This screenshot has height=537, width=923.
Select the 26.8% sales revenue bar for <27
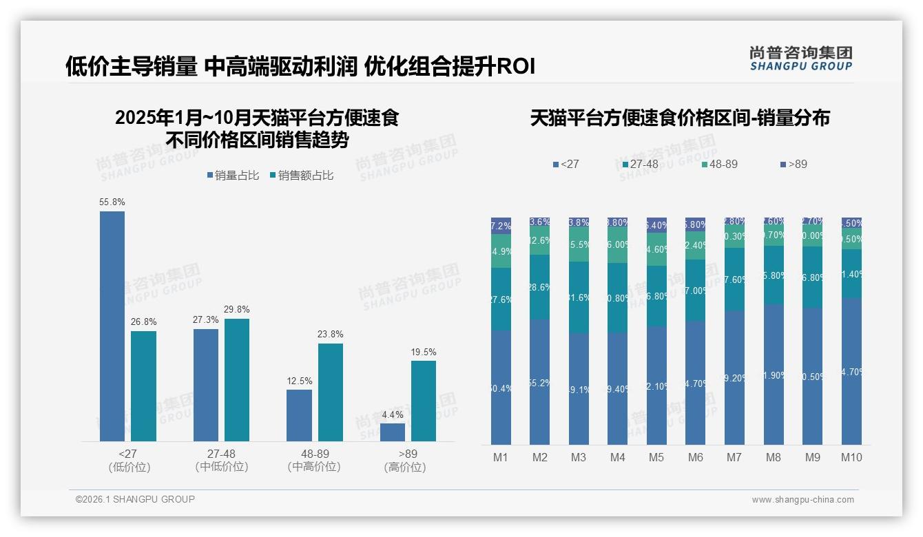[143, 386]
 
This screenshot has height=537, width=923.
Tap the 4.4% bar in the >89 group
[393, 432]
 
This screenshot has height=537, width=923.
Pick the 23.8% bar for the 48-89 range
[331, 392]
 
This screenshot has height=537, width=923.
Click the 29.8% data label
[236, 310]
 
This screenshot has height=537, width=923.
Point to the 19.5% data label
[424, 352]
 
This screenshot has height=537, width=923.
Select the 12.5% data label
[299, 381]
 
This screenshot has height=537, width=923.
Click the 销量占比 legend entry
[233, 176]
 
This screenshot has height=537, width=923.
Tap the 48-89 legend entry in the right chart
[719, 165]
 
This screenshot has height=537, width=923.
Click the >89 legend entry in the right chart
[794, 165]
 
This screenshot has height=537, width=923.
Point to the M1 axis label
[501, 457]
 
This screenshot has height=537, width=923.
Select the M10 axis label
[851, 457]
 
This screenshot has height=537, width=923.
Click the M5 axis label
[656, 457]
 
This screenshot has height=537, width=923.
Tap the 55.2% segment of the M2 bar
[540, 382]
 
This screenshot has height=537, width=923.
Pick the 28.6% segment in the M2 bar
[540, 287]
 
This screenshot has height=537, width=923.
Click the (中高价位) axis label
[314, 467]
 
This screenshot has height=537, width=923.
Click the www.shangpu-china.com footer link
[802, 500]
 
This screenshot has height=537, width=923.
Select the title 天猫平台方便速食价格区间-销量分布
[680, 118]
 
